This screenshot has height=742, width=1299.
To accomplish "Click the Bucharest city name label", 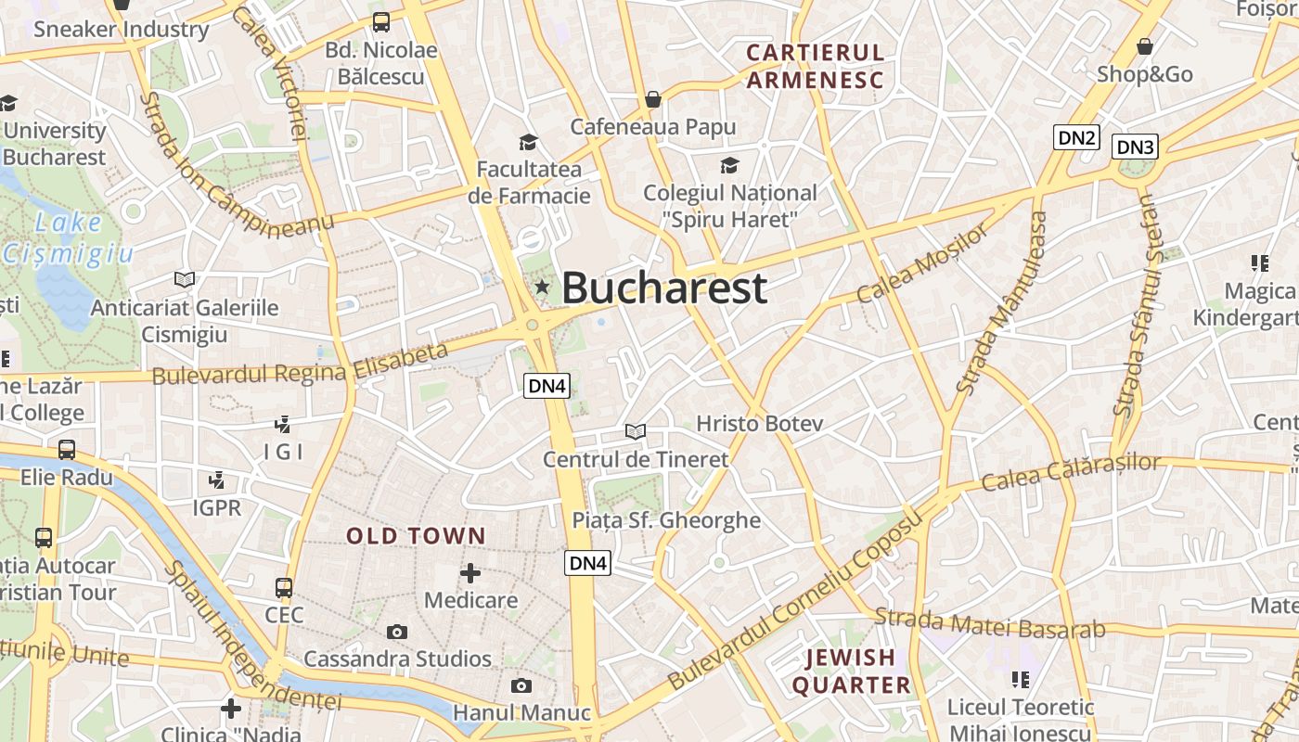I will [664, 288].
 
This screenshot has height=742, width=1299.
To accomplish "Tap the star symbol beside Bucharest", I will [542, 288].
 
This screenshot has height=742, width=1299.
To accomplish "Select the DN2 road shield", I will [1077, 138].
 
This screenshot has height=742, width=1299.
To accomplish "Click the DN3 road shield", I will [1136, 147].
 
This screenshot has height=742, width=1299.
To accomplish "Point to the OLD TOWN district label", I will [416, 536].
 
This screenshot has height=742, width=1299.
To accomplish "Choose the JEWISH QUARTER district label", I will [851, 672].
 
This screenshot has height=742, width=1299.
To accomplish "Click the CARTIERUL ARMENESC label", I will [816, 66].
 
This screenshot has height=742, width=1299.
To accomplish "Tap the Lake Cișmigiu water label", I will [69, 237].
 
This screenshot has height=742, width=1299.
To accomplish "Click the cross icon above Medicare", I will [470, 573].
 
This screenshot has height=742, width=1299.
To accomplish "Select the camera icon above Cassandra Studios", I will [397, 632].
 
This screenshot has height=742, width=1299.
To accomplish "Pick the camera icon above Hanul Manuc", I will [521, 685].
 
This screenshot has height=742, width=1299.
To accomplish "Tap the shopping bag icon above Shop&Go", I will [1145, 45].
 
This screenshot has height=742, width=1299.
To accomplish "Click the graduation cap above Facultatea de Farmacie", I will [528, 142].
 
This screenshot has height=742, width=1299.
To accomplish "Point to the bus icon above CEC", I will [284, 587].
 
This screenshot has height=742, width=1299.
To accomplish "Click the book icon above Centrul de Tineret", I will [636, 431].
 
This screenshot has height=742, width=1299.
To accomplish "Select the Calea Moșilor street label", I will [922, 263].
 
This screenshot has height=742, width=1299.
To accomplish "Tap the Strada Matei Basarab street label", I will [990, 623].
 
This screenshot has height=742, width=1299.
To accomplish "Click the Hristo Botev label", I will [759, 424].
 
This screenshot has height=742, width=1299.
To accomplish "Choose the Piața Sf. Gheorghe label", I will [666, 520].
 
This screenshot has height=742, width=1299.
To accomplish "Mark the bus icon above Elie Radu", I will [67, 450].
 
